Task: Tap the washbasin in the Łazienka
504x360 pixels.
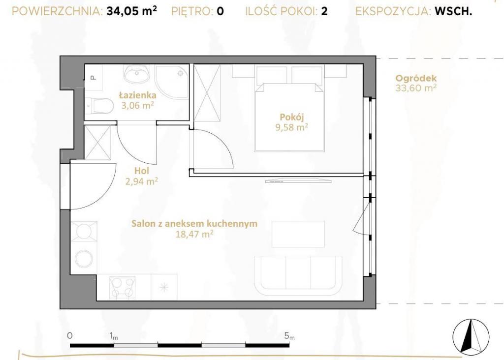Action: [137, 74]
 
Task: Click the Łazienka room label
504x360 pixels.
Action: [138, 95]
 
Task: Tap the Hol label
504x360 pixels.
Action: [142, 171]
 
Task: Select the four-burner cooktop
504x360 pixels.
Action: [122, 287]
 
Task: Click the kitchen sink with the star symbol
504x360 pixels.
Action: [164, 287]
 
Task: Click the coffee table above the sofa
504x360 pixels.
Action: [298, 234]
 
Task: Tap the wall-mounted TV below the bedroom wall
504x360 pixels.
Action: [298, 181]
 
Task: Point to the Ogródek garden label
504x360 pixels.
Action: [416, 78]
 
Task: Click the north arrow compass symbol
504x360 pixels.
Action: [471, 335]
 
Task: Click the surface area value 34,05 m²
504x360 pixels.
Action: [132, 11]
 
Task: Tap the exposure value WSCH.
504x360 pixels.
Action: [453, 11]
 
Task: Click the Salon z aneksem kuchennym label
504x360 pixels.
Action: [194, 223]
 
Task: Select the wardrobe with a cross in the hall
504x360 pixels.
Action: [98, 142]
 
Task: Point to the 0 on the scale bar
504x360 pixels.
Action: [70, 335]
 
